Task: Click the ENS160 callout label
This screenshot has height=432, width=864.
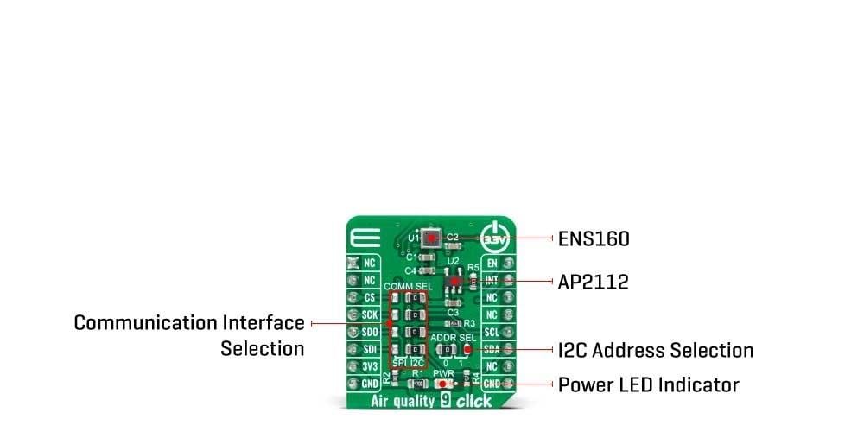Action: pyautogui.click(x=594, y=238)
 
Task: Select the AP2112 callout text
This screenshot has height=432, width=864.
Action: pyautogui.click(x=592, y=283)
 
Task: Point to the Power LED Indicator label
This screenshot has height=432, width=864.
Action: pyautogui.click(x=648, y=384)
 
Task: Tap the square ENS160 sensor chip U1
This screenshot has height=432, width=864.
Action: pyautogui.click(x=429, y=237)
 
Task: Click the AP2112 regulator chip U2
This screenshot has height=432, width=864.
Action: pyautogui.click(x=454, y=281)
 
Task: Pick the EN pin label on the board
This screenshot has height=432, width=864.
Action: pyautogui.click(x=492, y=263)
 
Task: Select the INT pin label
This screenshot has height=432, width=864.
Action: pyautogui.click(x=492, y=280)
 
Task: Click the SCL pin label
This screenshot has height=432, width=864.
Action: pyautogui.click(x=492, y=332)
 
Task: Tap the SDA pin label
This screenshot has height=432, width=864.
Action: pyautogui.click(x=492, y=349)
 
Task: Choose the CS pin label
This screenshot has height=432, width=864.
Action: pyautogui.click(x=369, y=297)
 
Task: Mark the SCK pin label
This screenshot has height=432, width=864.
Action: pyautogui.click(x=369, y=314)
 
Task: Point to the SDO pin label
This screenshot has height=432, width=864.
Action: pyautogui.click(x=369, y=332)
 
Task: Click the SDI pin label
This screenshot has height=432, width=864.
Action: pyautogui.click(x=369, y=349)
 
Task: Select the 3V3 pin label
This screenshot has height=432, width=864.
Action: pyautogui.click(x=369, y=366)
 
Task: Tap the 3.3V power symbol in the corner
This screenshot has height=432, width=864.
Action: pyautogui.click(x=496, y=237)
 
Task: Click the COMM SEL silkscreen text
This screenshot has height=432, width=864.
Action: pyautogui.click(x=408, y=285)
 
